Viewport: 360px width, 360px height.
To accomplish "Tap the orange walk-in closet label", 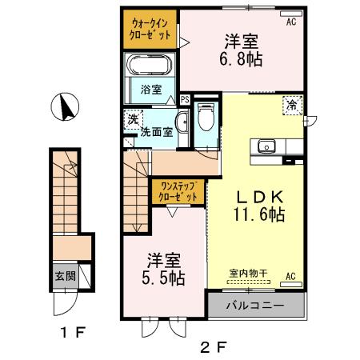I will pos(150,30).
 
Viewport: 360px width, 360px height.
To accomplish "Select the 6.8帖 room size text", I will pos(241,59).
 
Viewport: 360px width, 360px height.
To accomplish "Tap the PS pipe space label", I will pos(185,100).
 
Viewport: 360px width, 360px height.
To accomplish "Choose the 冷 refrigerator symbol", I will pos(291,103).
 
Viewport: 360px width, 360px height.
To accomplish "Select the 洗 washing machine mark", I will pos(131,118).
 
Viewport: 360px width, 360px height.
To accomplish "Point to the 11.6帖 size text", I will pos(256,214).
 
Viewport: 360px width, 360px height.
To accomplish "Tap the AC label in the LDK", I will pos(290,278).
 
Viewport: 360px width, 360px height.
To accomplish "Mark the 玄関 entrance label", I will pos(65,276).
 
